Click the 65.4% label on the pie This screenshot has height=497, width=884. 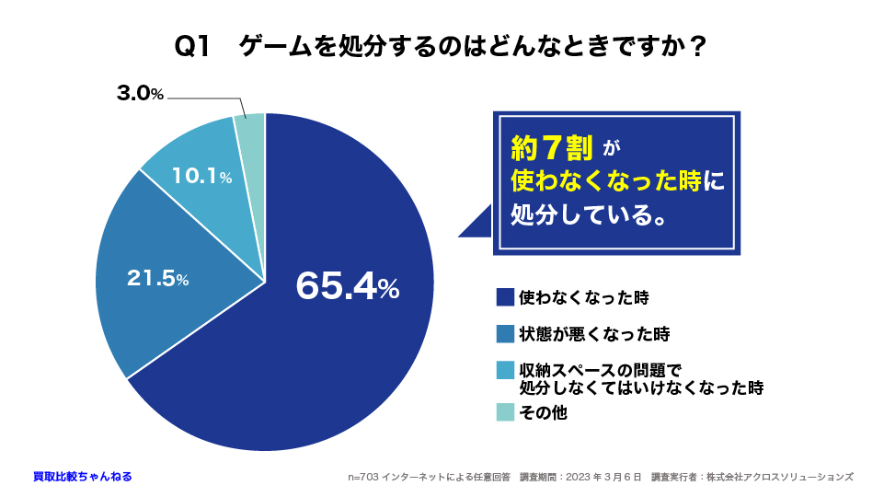pyautogui.click(x=348, y=286)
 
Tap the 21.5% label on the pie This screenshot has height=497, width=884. pyautogui.click(x=157, y=278)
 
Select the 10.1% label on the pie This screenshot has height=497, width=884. pyautogui.click(x=201, y=176)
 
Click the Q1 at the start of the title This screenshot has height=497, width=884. pyautogui.click(x=193, y=47)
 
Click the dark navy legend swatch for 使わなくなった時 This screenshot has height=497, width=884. pyautogui.click(x=505, y=297)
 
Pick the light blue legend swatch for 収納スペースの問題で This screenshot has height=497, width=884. pyautogui.click(x=505, y=370)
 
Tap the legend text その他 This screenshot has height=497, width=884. pyautogui.click(x=543, y=412)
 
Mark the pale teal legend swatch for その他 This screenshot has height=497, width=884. pyautogui.click(x=505, y=412)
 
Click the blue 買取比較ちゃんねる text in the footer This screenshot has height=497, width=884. pyautogui.click(x=82, y=477)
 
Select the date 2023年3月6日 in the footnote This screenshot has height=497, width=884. pyautogui.click(x=600, y=477)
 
